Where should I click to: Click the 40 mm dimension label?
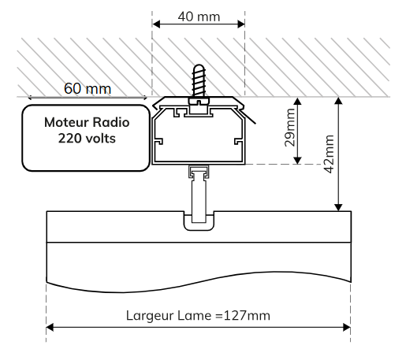(x=199, y=17)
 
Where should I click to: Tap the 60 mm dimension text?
(x=88, y=88)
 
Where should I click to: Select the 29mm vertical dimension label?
(x=290, y=128)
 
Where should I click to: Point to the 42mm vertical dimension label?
(x=329, y=154)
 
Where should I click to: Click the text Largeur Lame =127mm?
(x=198, y=316)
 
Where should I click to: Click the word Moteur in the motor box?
(x=66, y=122)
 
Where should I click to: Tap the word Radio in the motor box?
(x=111, y=122)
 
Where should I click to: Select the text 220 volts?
(x=87, y=139)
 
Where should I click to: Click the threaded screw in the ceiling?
(x=199, y=80)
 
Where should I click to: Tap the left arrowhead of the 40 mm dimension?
(x=156, y=24)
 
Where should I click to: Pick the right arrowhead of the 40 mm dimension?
(x=241, y=24)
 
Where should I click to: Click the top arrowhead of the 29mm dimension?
(x=297, y=102)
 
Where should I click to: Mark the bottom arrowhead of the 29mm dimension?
(x=297, y=161)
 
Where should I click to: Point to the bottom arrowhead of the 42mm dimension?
(x=338, y=207)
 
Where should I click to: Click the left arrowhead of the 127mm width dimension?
(x=50, y=328)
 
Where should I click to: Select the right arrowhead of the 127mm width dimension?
(x=347, y=328)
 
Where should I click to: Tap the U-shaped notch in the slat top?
(x=199, y=221)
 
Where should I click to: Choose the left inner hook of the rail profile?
(x=158, y=141)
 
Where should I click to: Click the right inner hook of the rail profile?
(x=239, y=141)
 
